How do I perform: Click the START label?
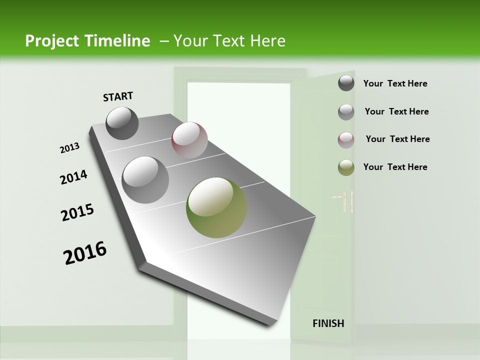[x=118, y=96]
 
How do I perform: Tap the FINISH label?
[x=328, y=323]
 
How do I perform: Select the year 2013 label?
[x=69, y=148]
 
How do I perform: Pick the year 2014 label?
[x=73, y=177]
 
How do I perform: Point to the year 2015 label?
[x=77, y=212]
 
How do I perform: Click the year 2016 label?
[x=85, y=253]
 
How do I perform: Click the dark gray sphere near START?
[x=122, y=123]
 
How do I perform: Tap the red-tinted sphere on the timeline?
[x=189, y=140]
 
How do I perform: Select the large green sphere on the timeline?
[x=216, y=207]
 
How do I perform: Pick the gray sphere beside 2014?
[x=145, y=180]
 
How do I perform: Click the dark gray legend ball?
[x=346, y=83]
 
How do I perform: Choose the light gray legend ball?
[x=346, y=112]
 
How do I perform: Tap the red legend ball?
[x=346, y=140]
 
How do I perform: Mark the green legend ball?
[x=346, y=167]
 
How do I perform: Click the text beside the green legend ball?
[x=395, y=167]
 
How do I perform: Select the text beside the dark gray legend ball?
[x=395, y=83]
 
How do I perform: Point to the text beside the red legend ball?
[x=397, y=139]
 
